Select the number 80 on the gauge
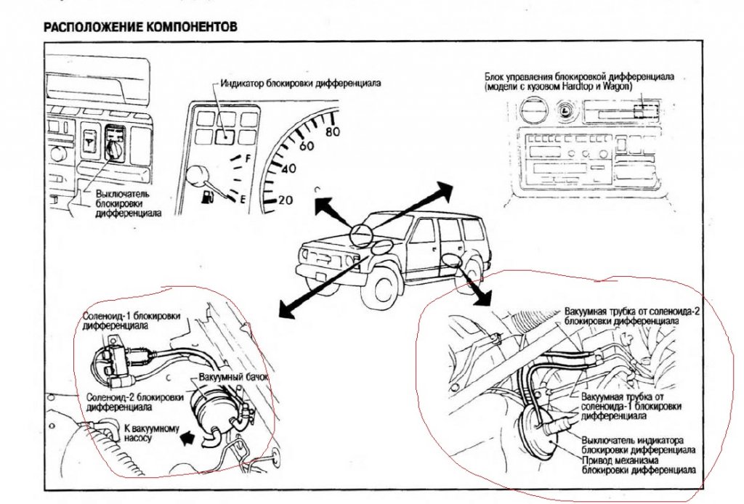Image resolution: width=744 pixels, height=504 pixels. click(x=333, y=132)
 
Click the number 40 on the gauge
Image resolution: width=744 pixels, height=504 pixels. click(x=289, y=169)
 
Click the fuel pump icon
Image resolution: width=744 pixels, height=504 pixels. click(x=207, y=197)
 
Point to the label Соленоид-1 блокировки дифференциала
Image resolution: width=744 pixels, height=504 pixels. click(x=132, y=322)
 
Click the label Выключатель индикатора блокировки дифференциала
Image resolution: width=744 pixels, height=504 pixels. click(x=639, y=444)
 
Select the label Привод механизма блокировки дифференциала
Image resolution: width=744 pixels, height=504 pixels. click(x=639, y=465)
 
